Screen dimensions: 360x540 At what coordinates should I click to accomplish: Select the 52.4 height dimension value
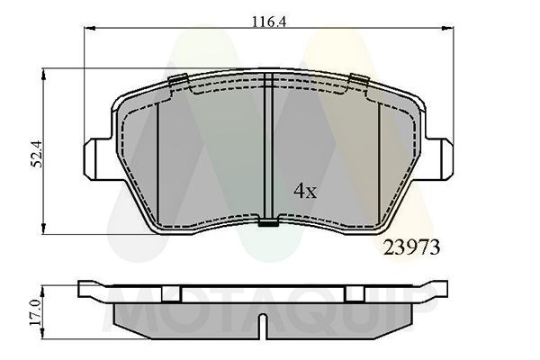(x=37, y=146)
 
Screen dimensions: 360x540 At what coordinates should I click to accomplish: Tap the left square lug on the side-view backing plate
(x=172, y=292)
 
